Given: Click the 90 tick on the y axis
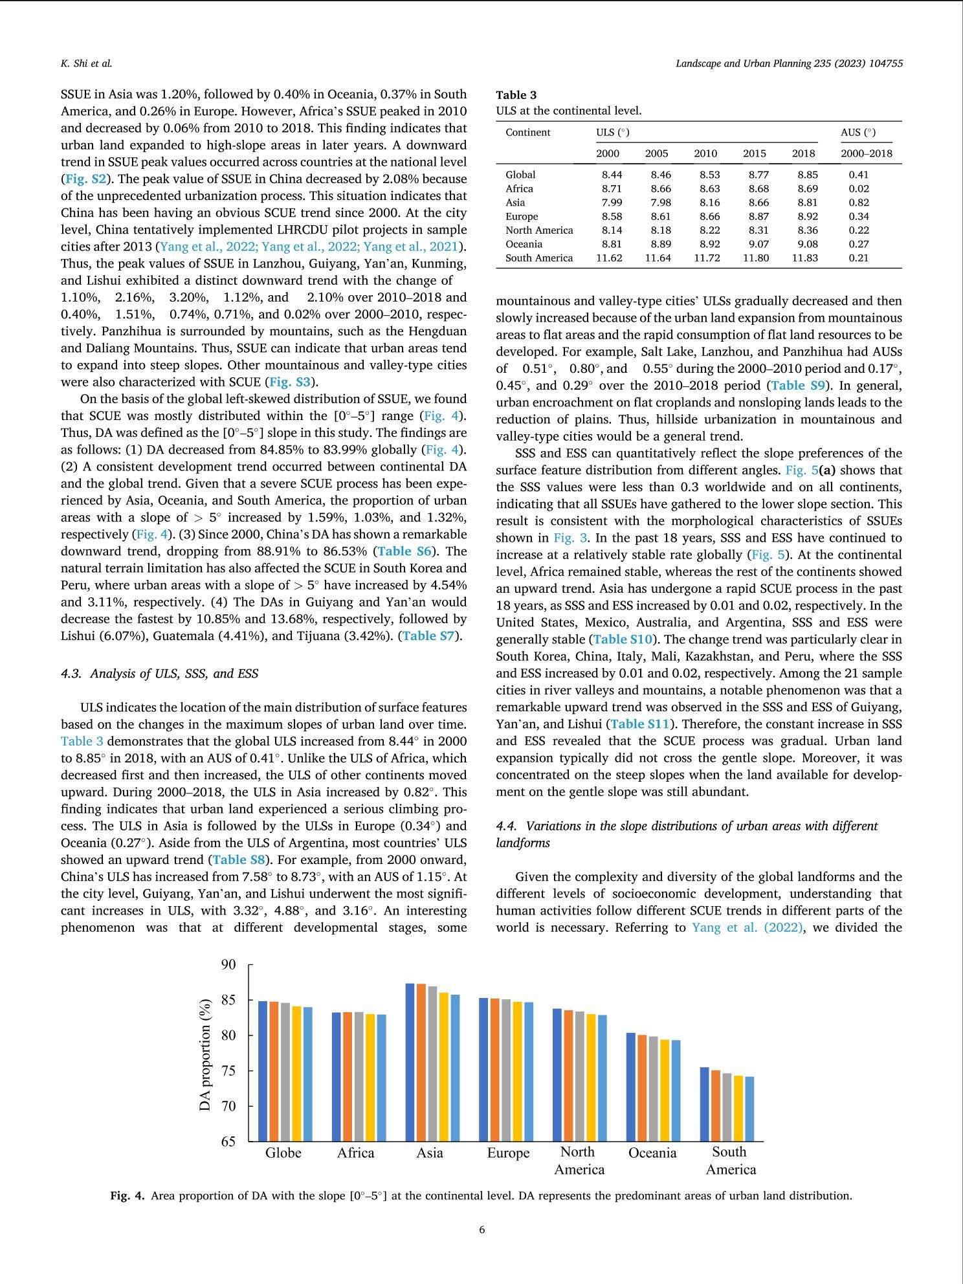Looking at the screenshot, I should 228,965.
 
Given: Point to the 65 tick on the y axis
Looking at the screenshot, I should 228,1142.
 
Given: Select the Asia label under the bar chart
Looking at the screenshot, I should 430,1153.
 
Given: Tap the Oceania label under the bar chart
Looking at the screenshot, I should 652,1153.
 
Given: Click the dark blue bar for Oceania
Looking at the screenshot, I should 631,1087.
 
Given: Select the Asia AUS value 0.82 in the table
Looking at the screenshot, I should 859,203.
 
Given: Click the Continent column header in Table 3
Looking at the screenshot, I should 527,133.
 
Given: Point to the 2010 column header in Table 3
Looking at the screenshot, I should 705,154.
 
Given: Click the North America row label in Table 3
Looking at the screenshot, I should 539,230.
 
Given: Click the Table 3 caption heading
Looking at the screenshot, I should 511,95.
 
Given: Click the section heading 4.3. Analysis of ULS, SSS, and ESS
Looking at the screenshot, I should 159,674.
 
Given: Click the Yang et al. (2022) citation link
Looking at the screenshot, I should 743,927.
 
